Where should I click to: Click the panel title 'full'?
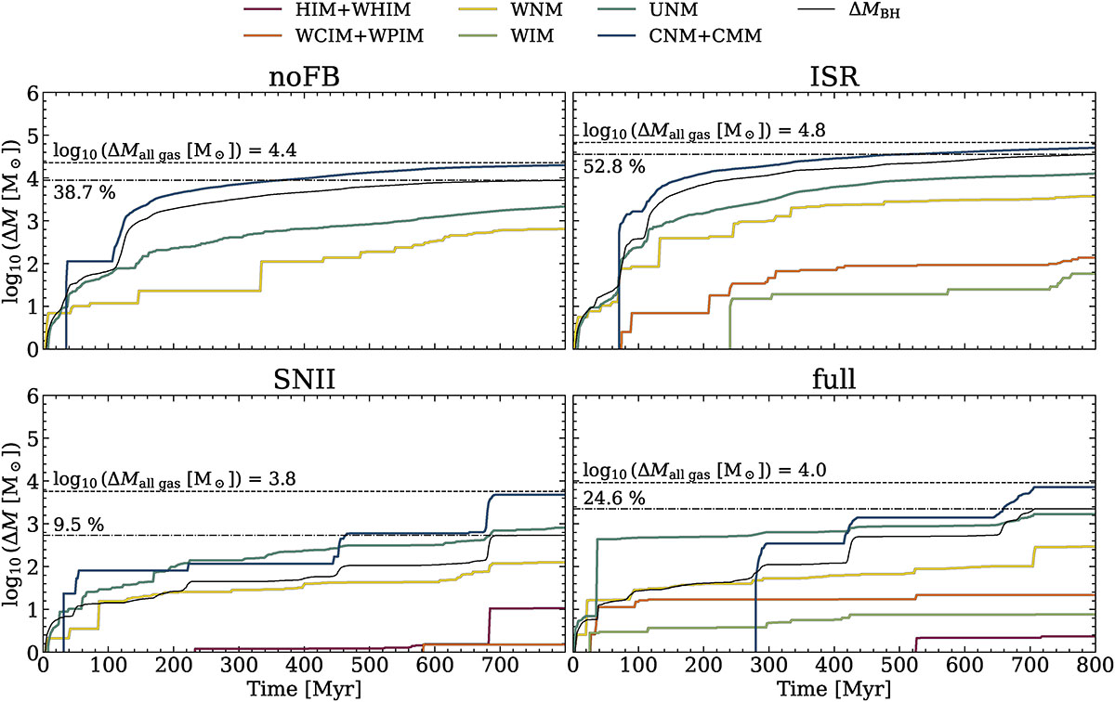click(833, 381)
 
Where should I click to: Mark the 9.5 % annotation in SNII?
click(79, 523)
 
